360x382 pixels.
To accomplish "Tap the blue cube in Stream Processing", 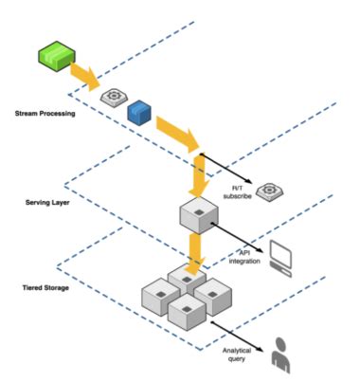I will pyautogui.click(x=139, y=111).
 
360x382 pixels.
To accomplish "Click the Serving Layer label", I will pyautogui.click(x=46, y=202).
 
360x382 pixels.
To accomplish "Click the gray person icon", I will pyautogui.click(x=281, y=355).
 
